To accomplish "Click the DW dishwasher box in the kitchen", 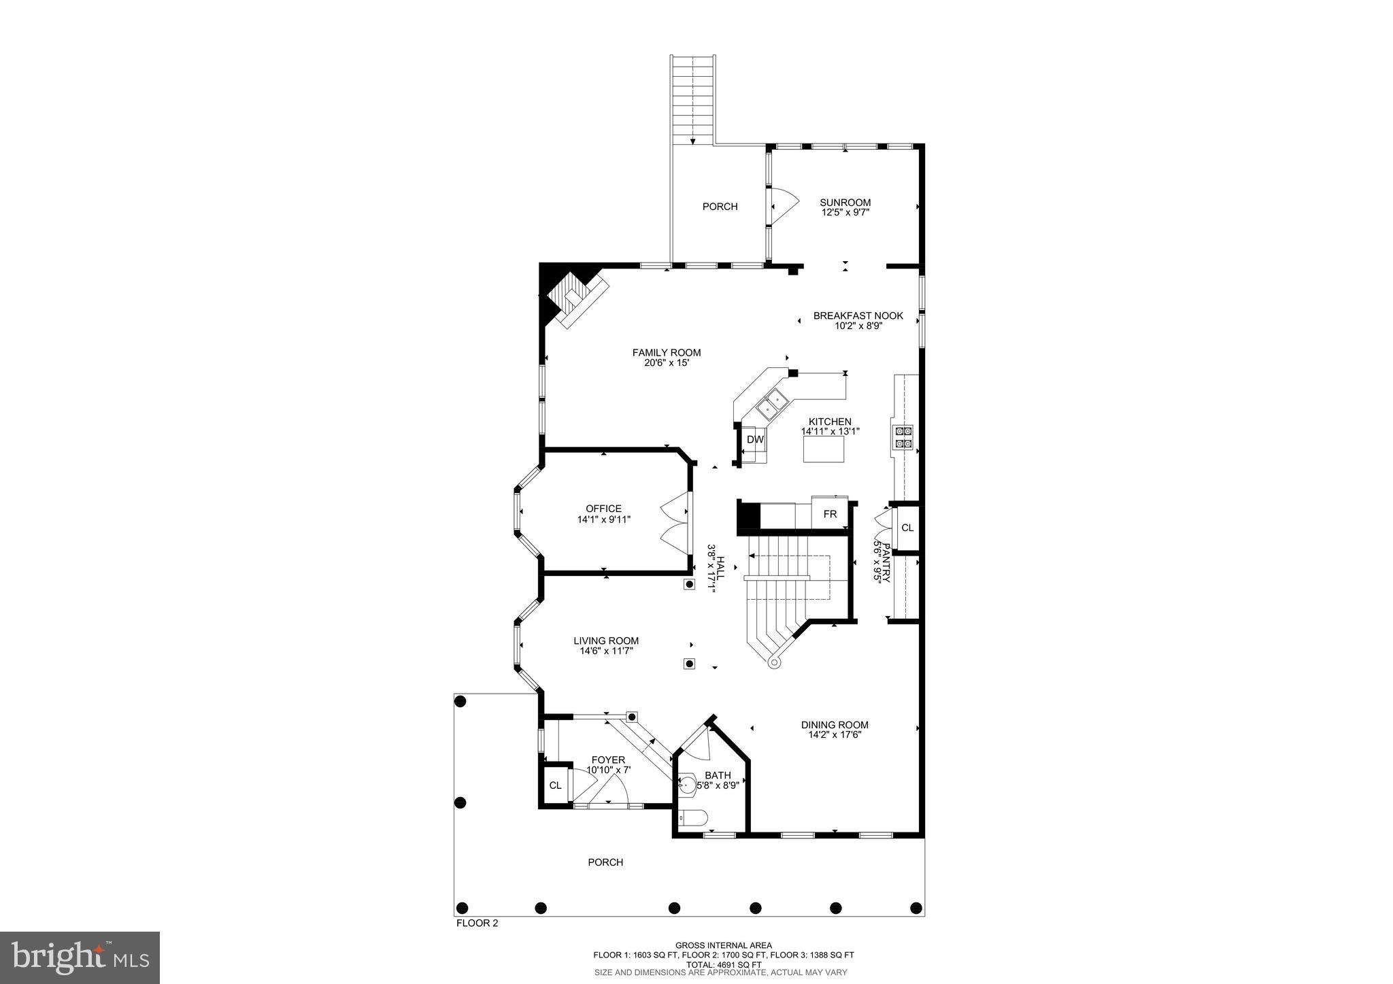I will pos(755,440).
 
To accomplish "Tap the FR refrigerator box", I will pos(830,514).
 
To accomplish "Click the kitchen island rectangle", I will pos(824,449).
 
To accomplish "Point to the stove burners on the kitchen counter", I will pos(904,437).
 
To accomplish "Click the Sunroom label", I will pos(845,202).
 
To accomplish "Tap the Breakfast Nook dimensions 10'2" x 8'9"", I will pos(858,326).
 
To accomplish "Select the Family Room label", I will pos(667,352).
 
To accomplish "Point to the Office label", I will pos(603,509).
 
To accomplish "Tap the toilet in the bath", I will pos(694,818).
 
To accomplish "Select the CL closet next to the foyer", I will pos(555,785).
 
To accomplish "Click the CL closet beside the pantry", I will pos(907,528).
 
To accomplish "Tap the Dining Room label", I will pos(835,725).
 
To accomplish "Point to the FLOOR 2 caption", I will pos(476,923).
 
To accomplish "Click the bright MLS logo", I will pos(80,957).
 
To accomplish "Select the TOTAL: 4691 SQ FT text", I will pos(723,964).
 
